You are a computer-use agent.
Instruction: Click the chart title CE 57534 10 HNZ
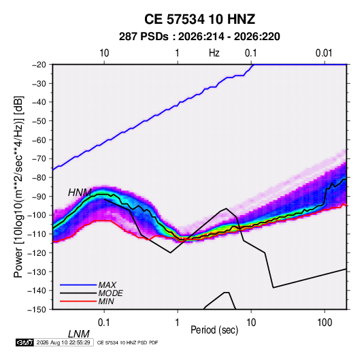[x=199, y=19]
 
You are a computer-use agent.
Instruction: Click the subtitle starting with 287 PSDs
[x=199, y=37]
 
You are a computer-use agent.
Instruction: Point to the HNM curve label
[x=80, y=193]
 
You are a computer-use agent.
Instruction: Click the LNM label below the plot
[x=79, y=334]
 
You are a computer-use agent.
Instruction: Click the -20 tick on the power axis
[x=39, y=65]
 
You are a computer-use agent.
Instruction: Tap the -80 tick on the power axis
[x=39, y=178]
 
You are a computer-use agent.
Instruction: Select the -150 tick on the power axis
[x=37, y=310]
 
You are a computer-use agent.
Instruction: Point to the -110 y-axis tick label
[x=37, y=234]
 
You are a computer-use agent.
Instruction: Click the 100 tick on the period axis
[x=325, y=323]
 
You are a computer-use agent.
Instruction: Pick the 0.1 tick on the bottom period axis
[x=104, y=323]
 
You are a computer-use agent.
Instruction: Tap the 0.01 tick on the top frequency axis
[x=324, y=53]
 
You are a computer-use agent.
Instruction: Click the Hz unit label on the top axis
[x=214, y=53]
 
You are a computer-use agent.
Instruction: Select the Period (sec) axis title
[x=214, y=330]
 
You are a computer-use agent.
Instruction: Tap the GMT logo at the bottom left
[x=25, y=342]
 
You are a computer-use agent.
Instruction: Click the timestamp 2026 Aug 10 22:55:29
[x=63, y=342]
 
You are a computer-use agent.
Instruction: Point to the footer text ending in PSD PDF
[x=127, y=342]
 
